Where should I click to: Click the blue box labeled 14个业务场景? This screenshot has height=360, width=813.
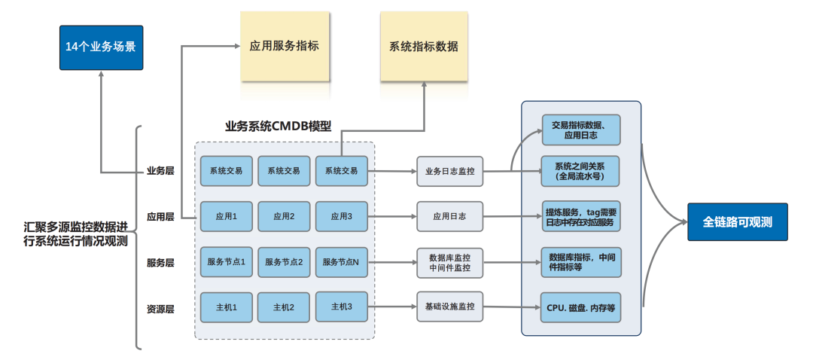point(101,47)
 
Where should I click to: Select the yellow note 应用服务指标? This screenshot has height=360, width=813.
point(285,46)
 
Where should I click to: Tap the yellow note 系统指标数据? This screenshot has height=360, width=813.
point(424,47)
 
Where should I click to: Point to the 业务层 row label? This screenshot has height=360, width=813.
point(160,171)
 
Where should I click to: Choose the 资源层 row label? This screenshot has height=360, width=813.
point(160,308)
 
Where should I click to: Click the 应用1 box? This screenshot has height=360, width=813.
point(227,216)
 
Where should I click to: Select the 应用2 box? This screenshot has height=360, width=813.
point(284,216)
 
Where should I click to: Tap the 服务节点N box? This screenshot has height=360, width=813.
point(341,262)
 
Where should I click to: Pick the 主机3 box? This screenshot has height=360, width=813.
point(341,307)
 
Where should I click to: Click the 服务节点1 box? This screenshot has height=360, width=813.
point(227,262)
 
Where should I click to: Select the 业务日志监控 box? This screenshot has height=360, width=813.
point(450,171)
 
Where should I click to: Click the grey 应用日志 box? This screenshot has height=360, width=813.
point(450,216)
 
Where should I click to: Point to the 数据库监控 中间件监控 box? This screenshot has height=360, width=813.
point(450,262)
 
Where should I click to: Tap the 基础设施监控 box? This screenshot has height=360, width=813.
point(450,307)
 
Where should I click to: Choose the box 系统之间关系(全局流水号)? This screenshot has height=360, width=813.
point(580,171)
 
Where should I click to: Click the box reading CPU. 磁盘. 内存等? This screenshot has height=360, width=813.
point(580,308)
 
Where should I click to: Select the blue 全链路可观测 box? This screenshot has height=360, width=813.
point(737,222)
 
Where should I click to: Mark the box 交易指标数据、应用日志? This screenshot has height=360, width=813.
point(580,130)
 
